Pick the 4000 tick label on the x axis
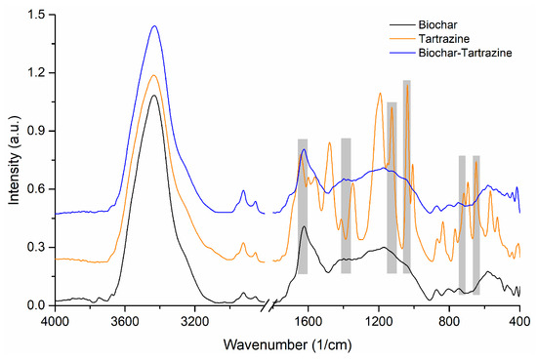coord(54,320)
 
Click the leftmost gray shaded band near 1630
coord(303,206)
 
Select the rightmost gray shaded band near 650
coord(475,224)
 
